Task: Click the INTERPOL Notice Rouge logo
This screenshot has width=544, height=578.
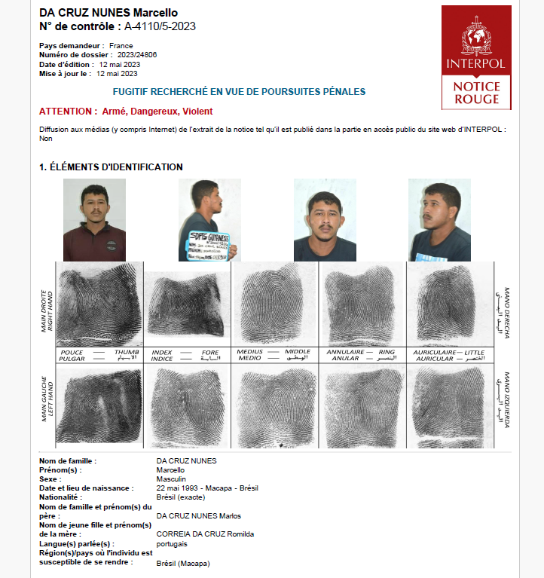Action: (x=476, y=57)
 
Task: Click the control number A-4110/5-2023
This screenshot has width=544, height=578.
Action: (x=160, y=26)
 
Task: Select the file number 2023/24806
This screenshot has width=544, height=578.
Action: (x=137, y=55)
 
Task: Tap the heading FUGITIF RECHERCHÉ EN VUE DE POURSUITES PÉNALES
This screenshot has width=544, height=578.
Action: (x=239, y=92)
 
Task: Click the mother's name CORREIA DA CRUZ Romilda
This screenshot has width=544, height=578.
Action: (x=205, y=534)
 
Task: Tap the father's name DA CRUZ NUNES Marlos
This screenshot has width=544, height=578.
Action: (x=198, y=515)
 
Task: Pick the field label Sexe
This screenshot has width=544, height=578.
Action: (x=50, y=479)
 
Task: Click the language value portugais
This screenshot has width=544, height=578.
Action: (x=172, y=543)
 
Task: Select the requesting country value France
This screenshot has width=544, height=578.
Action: (x=121, y=46)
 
